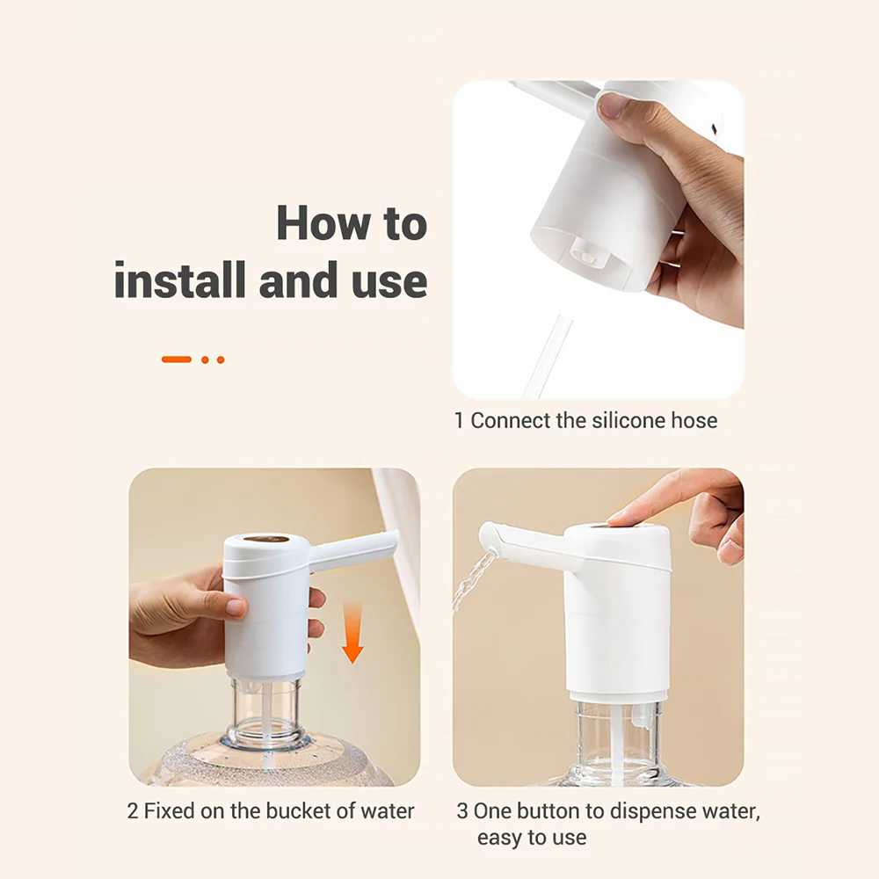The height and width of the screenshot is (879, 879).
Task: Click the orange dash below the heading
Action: (176, 360)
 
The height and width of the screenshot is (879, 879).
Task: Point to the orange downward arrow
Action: (352, 631)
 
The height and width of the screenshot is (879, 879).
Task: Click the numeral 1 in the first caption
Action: (459, 421)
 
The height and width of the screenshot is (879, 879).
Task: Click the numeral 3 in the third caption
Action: (462, 810)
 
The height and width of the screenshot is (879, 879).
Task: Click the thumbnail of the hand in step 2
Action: (235, 607)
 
